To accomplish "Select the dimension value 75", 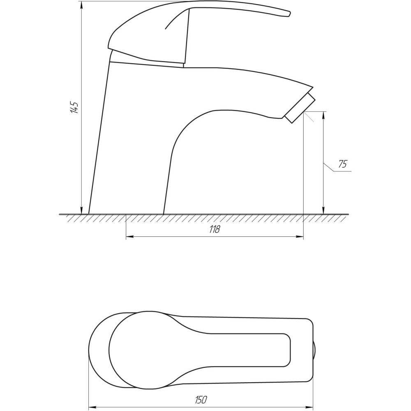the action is pyautogui.click(x=342, y=164).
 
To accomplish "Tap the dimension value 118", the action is pyautogui.click(x=215, y=229).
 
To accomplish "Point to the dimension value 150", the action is pyautogui.click(x=201, y=400).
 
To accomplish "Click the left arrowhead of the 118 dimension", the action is pyautogui.click(x=130, y=237).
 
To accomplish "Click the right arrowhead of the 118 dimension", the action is pyautogui.click(x=300, y=237).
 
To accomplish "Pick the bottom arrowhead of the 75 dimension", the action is pyautogui.click(x=324, y=210).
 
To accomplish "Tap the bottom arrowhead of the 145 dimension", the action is pyautogui.click(x=81, y=210).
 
